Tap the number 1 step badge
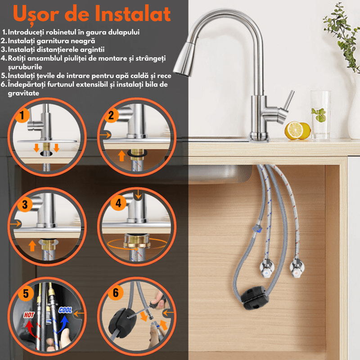[21, 115]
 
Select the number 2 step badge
[111, 115]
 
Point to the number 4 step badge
[118, 203]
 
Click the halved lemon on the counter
[293, 130]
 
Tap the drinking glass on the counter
[321, 115]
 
